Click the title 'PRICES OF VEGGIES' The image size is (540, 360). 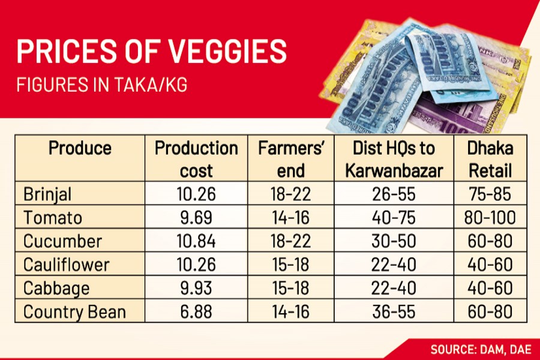pyautogui.click(x=151, y=53)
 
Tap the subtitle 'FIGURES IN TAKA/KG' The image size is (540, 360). pyautogui.click(x=102, y=85)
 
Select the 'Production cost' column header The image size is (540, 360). pyautogui.click(x=196, y=159)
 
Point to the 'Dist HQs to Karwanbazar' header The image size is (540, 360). pyautogui.click(x=394, y=159)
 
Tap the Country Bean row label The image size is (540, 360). pyautogui.click(x=75, y=311)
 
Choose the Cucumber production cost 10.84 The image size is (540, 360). pyautogui.click(x=196, y=241)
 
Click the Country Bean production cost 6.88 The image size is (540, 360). pyautogui.click(x=196, y=311)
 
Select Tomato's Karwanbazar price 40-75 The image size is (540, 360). pyautogui.click(x=394, y=218)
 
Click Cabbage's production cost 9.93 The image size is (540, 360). pyautogui.click(x=196, y=288)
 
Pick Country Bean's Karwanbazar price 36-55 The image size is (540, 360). pyautogui.click(x=394, y=311)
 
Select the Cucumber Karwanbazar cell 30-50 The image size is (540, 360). pyautogui.click(x=394, y=241)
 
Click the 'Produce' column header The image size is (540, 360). pyautogui.click(x=80, y=148)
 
